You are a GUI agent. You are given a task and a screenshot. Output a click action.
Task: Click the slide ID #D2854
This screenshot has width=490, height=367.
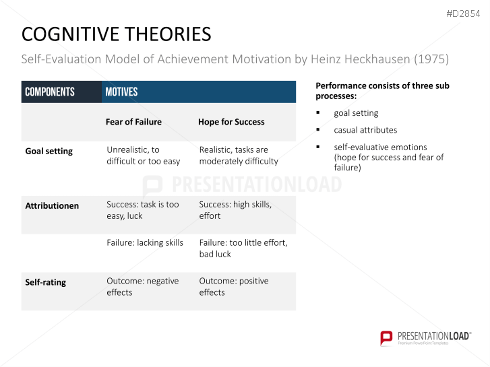[464, 13]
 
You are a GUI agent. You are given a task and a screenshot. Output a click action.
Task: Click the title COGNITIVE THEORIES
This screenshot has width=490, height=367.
[116, 34]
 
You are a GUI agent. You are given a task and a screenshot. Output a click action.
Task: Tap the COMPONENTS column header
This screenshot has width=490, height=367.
[50, 92]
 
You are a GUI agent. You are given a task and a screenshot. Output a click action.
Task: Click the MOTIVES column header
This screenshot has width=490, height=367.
[121, 92]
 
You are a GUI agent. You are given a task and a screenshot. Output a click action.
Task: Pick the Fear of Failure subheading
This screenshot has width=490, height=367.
[133, 122]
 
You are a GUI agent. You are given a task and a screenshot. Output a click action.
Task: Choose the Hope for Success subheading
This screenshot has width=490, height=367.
[231, 122]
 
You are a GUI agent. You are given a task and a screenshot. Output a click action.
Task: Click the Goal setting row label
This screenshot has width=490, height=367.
[49, 151]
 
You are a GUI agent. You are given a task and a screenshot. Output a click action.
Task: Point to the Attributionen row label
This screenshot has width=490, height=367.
[52, 205]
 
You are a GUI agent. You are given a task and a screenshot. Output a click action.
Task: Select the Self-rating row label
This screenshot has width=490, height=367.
[45, 282]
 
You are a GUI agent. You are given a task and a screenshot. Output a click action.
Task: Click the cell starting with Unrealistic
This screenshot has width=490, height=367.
[144, 156]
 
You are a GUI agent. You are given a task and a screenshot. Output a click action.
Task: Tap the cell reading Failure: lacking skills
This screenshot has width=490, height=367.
[145, 242]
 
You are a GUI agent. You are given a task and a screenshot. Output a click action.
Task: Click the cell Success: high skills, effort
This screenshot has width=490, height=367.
[235, 210]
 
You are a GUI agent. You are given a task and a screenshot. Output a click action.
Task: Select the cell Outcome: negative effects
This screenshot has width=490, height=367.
[143, 287]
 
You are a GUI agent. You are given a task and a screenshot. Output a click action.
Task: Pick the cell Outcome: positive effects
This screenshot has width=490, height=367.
[234, 287]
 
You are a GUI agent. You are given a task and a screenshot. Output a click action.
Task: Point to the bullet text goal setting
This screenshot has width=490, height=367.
[356, 113]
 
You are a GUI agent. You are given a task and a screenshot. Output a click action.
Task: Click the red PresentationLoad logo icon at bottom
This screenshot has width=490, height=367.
[386, 337]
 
